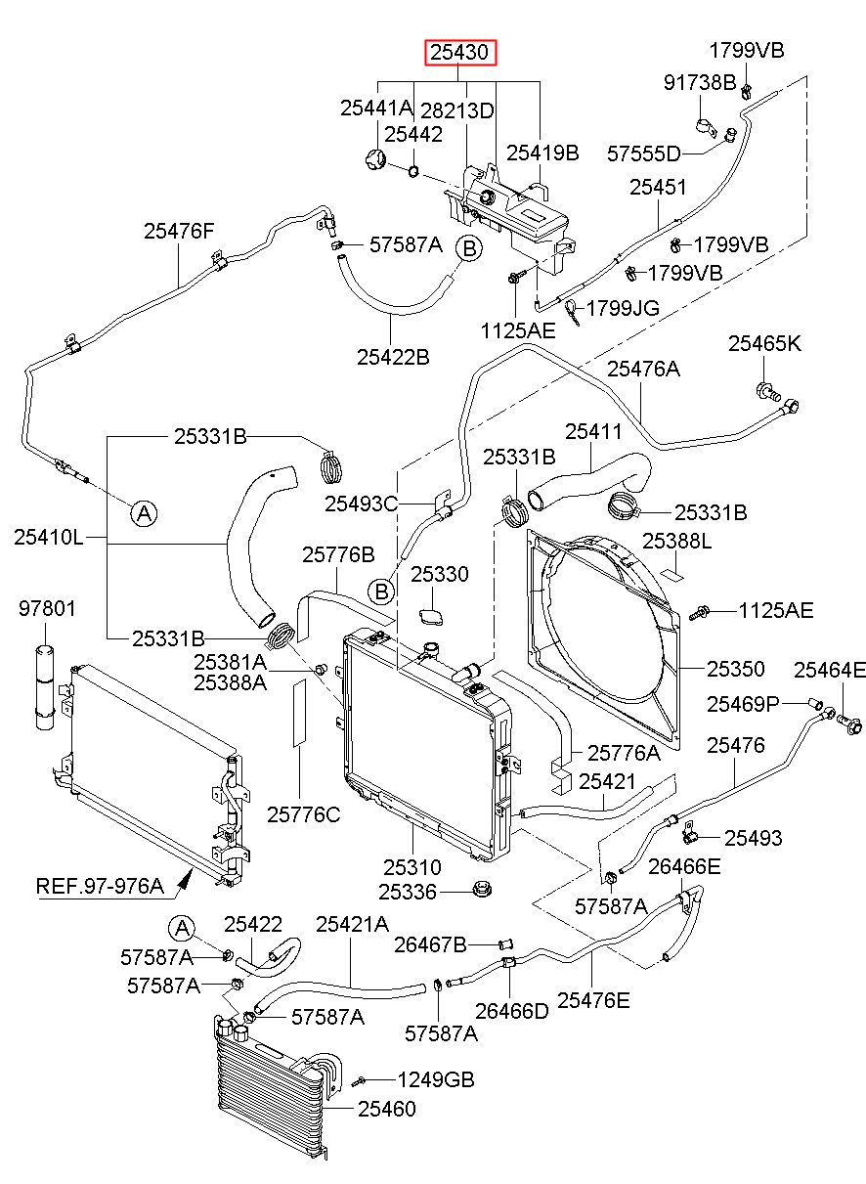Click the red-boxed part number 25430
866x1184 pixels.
pyautogui.click(x=460, y=52)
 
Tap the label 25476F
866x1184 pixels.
pyautogui.click(x=179, y=231)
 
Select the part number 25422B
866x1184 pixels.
pyautogui.click(x=393, y=357)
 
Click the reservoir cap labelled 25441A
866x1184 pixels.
pyautogui.click(x=375, y=159)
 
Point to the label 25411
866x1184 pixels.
pyautogui.click(x=593, y=432)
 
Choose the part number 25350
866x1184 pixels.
pyautogui.click(x=736, y=669)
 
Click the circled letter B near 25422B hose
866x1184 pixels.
pyautogui.click(x=469, y=248)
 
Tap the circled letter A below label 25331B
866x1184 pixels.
pyautogui.click(x=145, y=513)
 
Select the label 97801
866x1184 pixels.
pyautogui.click(x=47, y=609)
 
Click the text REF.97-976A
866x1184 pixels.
pyautogui.click(x=100, y=886)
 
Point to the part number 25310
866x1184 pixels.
pyautogui.click(x=412, y=867)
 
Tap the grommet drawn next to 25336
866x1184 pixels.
pyautogui.click(x=481, y=889)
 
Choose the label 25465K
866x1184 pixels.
pyautogui.click(x=764, y=344)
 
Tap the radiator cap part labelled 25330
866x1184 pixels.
pyautogui.click(x=432, y=617)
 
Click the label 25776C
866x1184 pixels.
pyautogui.click(x=303, y=815)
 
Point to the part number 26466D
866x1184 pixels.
pyautogui.click(x=512, y=1011)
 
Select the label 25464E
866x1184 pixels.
pyautogui.click(x=830, y=671)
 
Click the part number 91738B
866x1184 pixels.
pyautogui.click(x=700, y=82)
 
